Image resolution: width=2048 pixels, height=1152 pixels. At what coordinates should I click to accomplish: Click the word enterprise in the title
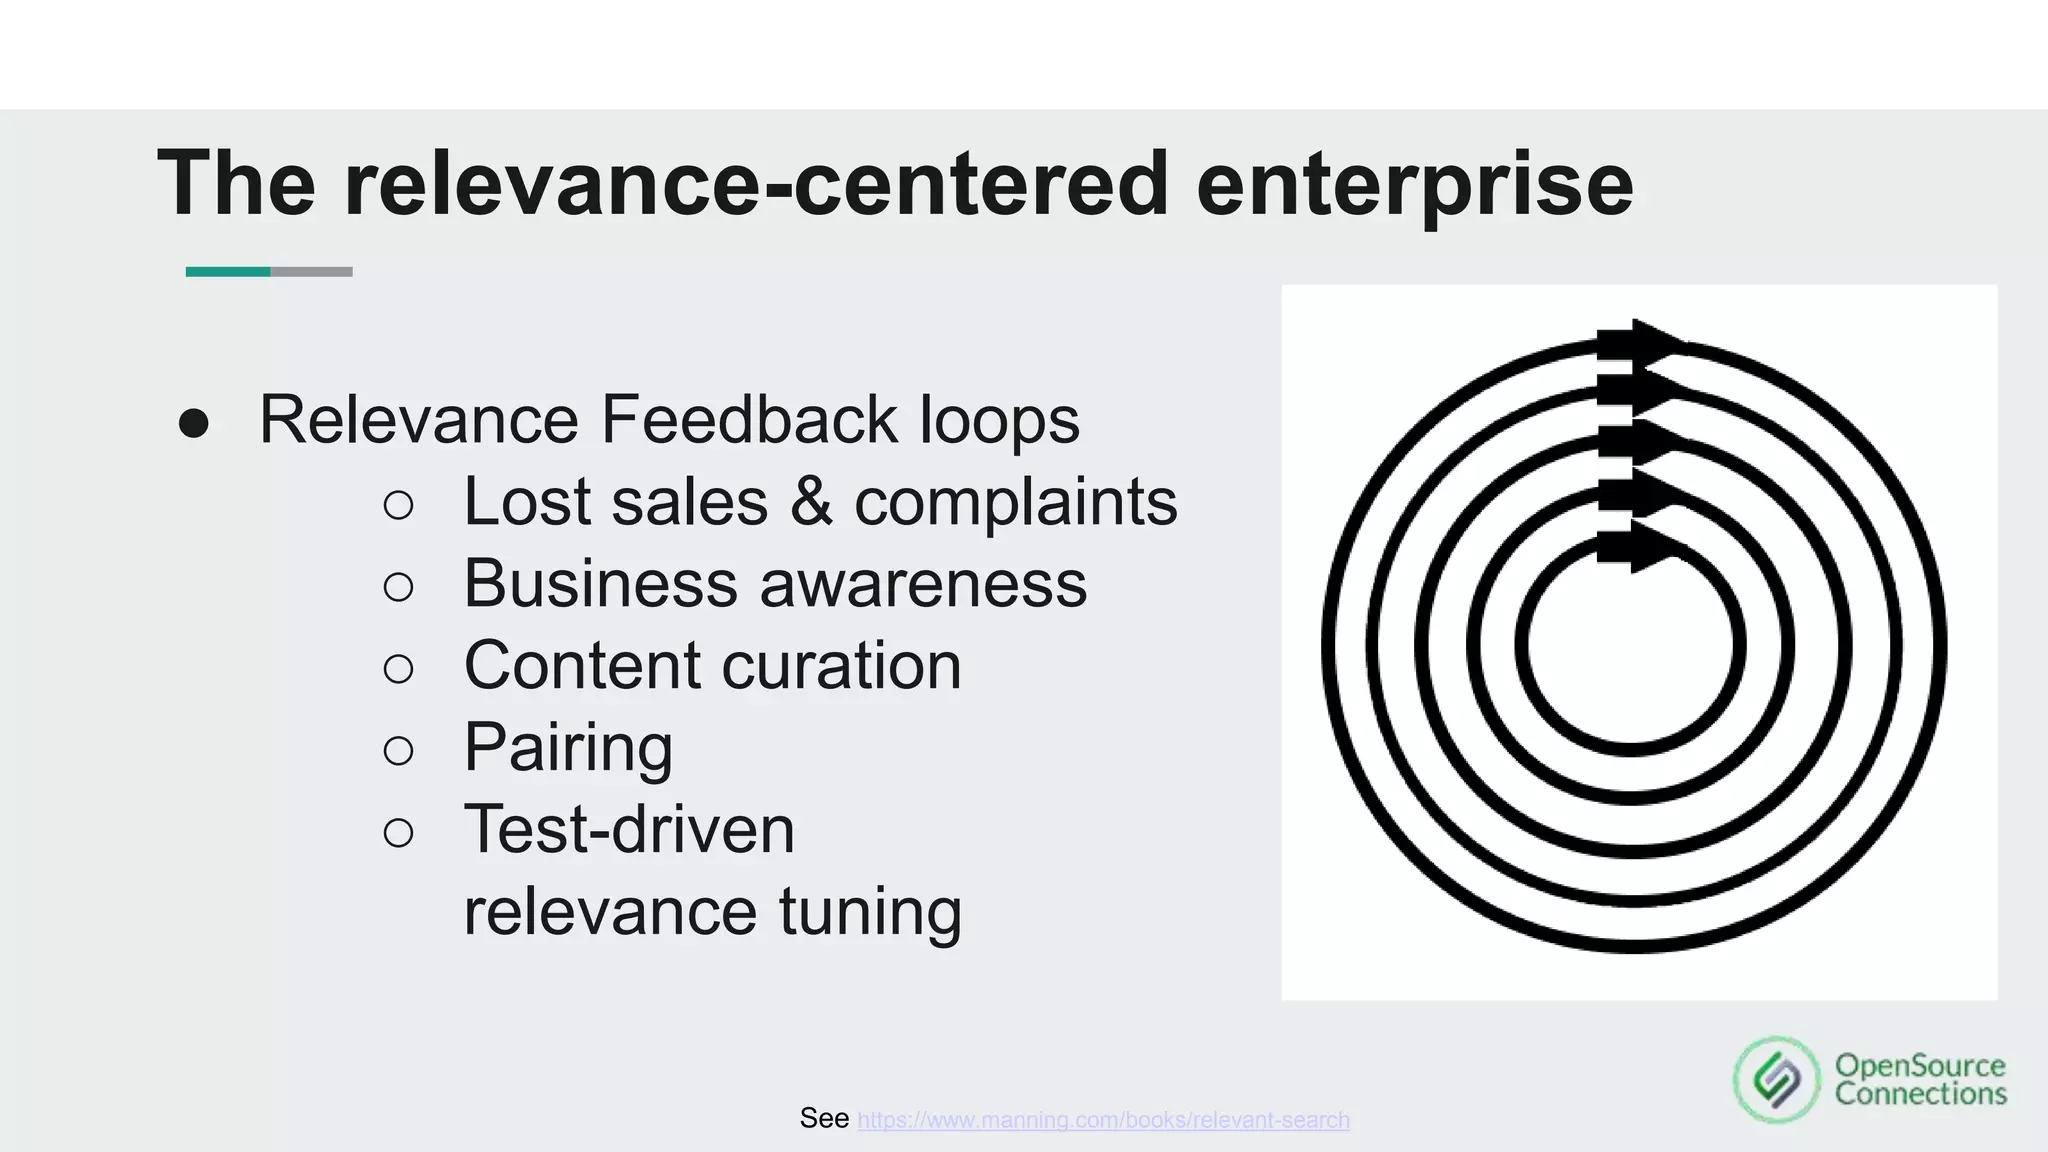pyautogui.click(x=1414, y=184)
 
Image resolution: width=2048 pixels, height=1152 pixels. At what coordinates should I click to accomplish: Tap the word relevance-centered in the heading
pyautogui.click(x=756, y=184)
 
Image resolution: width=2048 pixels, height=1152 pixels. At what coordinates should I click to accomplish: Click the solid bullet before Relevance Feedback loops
pyautogui.click(x=193, y=423)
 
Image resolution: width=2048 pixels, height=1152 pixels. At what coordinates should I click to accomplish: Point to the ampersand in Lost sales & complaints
pyautogui.click(x=810, y=502)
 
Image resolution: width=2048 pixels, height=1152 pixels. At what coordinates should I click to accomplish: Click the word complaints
pyautogui.click(x=1015, y=502)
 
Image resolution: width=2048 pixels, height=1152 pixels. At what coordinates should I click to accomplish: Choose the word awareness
pyautogui.click(x=922, y=584)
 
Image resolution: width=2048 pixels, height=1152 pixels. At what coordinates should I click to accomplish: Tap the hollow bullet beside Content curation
pyautogui.click(x=398, y=669)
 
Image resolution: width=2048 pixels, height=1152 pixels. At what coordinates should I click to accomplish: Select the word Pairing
pyautogui.click(x=568, y=748)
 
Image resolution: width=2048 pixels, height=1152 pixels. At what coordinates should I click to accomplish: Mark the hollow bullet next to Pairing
pyautogui.click(x=398, y=751)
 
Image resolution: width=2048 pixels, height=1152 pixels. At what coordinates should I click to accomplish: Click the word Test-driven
pyautogui.click(x=629, y=830)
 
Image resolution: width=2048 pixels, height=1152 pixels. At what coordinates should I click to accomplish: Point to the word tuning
pyautogui.click(x=869, y=912)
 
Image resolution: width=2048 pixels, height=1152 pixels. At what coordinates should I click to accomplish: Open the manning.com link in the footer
pyautogui.click(x=1103, y=1120)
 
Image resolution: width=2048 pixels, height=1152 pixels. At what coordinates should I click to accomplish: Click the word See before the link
pyautogui.click(x=824, y=1118)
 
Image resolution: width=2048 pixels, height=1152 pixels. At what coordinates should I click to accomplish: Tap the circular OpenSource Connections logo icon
pyautogui.click(x=1776, y=1080)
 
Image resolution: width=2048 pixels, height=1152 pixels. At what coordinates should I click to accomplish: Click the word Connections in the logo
pyautogui.click(x=1920, y=1095)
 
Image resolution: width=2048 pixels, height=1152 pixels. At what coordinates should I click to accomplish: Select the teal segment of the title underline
pyautogui.click(x=228, y=272)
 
